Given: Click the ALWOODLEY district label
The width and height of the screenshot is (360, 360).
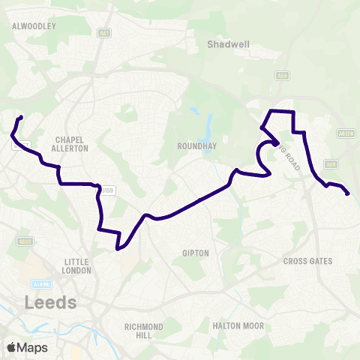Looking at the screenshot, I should pyautogui.click(x=34, y=25).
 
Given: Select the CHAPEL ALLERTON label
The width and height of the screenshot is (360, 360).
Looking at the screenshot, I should pyautogui.click(x=72, y=143).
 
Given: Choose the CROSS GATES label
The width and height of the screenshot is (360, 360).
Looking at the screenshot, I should pyautogui.click(x=307, y=261).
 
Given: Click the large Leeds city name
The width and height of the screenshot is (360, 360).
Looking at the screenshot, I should pyautogui.click(x=51, y=303).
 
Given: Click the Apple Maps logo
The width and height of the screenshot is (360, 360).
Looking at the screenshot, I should pyautogui.click(x=28, y=347).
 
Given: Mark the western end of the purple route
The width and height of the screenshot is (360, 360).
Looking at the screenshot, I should pyautogui.click(x=21, y=117).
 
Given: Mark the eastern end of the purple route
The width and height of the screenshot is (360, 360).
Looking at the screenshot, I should pyautogui.click(x=348, y=194).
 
